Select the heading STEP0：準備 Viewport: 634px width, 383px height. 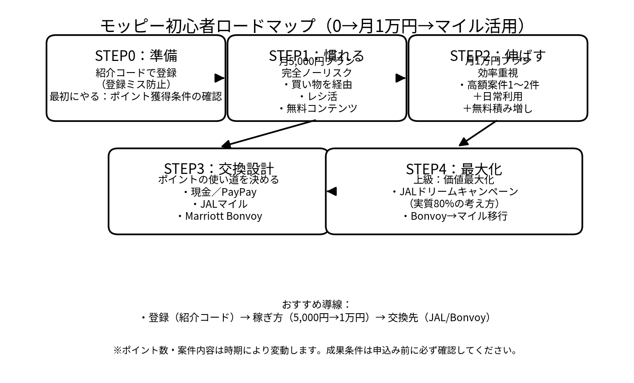[136, 56]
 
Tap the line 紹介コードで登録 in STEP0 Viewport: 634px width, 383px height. [136, 73]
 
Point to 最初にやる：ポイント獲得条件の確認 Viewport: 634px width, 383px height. [136, 96]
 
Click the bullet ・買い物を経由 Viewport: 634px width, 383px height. [317, 84]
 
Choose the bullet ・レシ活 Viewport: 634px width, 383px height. [317, 96]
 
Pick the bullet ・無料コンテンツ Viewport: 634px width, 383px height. [317, 108]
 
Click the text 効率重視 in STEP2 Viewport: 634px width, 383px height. [497, 73]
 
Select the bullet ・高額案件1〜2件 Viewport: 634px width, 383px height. [497, 85]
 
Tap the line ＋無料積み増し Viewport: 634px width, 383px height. [497, 108]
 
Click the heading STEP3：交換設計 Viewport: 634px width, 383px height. [218, 169]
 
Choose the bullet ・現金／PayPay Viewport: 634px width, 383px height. [218, 192]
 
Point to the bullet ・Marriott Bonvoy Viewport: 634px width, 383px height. [218, 216]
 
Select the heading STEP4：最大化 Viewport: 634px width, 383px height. [453, 169]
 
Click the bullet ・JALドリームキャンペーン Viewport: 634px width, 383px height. [453, 191]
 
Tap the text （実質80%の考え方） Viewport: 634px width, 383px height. [453, 203]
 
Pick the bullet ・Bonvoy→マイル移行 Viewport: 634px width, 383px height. [453, 216]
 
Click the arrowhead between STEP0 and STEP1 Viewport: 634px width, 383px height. [219, 78]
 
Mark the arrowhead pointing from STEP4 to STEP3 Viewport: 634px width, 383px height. [332, 191]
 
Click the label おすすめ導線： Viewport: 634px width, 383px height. [316, 304]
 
